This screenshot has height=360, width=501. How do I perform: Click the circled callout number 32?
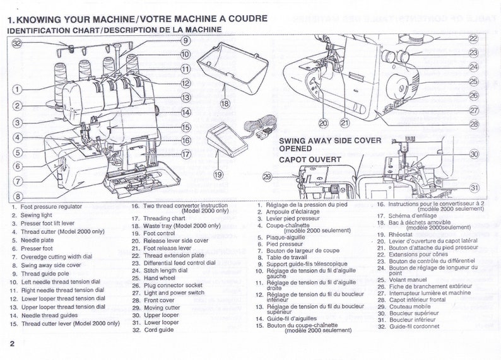pyautogui.click(x=16, y=43)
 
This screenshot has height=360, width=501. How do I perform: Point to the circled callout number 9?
pyautogui.click(x=185, y=40)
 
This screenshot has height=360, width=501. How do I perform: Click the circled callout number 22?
pyautogui.click(x=473, y=38)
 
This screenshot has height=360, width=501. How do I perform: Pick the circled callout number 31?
pyautogui.click(x=474, y=187)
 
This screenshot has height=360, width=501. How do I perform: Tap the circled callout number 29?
pyautogui.click(x=267, y=177)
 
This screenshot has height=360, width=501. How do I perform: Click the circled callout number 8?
pyautogui.click(x=18, y=196)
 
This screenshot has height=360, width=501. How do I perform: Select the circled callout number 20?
pyautogui.click(x=323, y=122)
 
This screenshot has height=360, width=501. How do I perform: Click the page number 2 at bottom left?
pyautogui.click(x=12, y=344)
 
